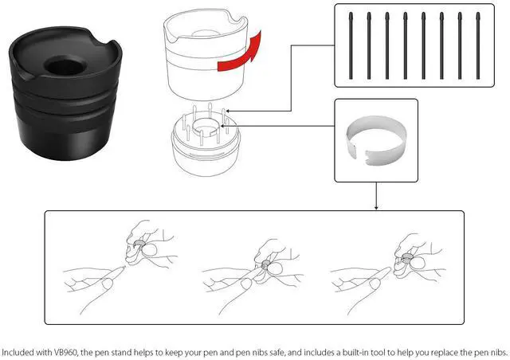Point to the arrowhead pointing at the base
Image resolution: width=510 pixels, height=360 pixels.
click(229, 112)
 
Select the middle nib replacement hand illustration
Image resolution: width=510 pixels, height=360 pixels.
click(255, 263)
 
